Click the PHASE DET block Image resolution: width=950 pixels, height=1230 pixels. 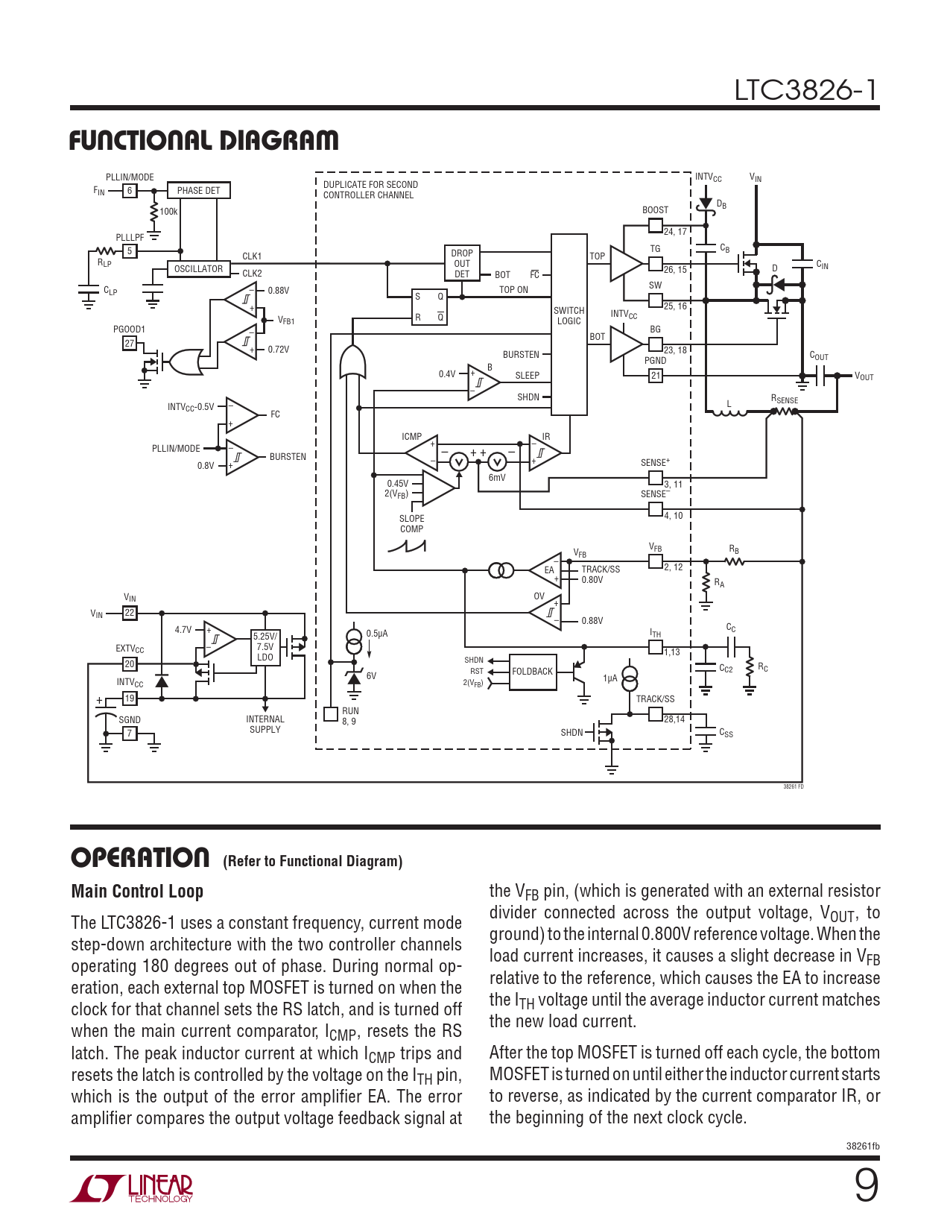coord(198,191)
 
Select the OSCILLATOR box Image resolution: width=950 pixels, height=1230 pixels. coord(198,269)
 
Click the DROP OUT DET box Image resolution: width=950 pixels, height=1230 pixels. coord(462,263)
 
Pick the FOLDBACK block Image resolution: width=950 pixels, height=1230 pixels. coord(533,672)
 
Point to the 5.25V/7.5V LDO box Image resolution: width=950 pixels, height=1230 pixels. coord(265,647)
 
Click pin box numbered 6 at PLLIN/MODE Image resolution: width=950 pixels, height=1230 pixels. coord(130,191)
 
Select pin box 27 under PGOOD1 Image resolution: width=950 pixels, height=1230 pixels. coord(130,344)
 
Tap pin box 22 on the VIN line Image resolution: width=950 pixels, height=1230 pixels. coord(130,613)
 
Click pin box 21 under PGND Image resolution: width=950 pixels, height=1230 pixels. coord(656,376)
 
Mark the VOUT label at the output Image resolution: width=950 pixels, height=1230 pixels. coord(864,376)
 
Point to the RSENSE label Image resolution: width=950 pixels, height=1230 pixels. coord(784,400)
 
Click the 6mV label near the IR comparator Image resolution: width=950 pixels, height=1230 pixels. coord(497,478)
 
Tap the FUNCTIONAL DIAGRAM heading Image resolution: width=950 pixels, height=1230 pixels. coord(204,140)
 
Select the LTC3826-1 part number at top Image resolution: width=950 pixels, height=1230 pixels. coord(805,90)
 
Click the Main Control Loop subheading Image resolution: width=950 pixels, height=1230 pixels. coord(137,892)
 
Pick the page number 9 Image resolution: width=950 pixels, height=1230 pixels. coord(866,1185)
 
